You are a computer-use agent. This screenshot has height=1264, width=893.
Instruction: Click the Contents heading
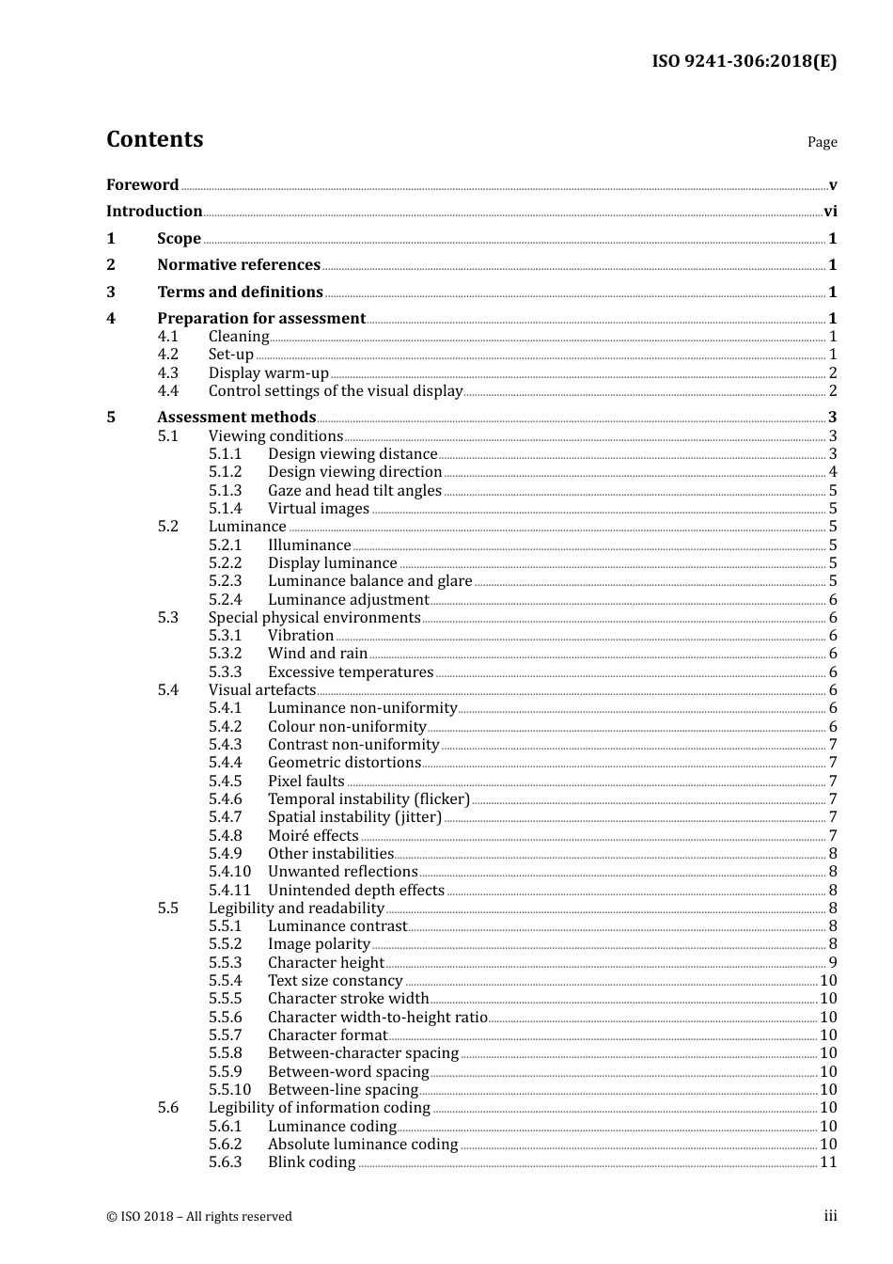click(x=154, y=139)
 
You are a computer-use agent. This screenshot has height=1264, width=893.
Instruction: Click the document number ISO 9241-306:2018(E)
click(x=744, y=61)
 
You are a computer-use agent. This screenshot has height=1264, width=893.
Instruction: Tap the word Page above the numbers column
click(x=822, y=142)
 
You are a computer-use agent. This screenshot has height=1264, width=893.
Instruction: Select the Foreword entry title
click(x=142, y=184)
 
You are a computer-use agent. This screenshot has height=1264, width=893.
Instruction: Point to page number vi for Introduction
click(x=830, y=212)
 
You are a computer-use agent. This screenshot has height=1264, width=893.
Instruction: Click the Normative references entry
click(x=239, y=265)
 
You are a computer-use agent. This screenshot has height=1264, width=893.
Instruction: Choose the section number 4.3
click(x=167, y=372)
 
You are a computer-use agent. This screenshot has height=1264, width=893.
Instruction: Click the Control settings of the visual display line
click(x=336, y=391)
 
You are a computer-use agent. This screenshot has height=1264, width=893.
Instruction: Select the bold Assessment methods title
click(x=236, y=417)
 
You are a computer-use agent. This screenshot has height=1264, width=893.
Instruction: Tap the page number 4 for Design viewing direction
click(x=833, y=472)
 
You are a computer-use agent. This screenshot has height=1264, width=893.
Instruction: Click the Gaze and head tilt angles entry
click(x=354, y=490)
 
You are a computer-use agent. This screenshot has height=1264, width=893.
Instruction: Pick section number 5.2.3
click(x=225, y=581)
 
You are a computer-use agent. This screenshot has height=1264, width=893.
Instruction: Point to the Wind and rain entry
click(x=318, y=654)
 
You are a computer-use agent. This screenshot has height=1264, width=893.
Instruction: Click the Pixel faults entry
click(x=306, y=781)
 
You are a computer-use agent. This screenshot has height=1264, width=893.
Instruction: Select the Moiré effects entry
click(x=313, y=835)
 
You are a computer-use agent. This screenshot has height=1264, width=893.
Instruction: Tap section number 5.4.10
click(x=229, y=872)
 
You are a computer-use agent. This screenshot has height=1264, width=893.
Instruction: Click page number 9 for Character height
click(x=833, y=962)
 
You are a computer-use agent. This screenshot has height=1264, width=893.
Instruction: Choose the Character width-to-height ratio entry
click(x=377, y=1017)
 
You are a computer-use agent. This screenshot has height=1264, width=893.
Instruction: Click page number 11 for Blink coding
click(x=828, y=1162)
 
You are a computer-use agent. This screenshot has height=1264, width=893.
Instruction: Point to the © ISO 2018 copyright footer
click(x=199, y=1216)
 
